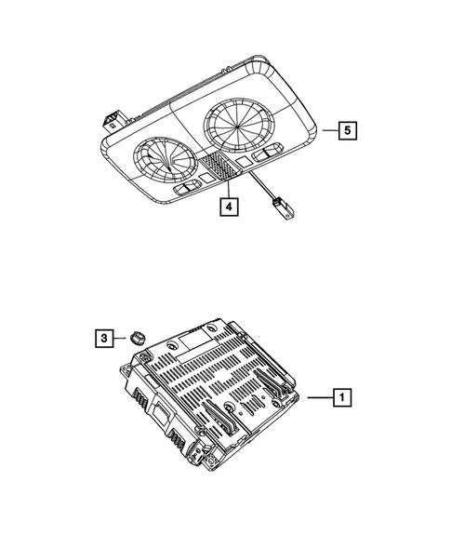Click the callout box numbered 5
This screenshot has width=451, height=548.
coord(345,131)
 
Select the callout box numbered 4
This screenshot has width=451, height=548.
coord(227,207)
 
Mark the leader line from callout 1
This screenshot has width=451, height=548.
coord(319,399)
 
